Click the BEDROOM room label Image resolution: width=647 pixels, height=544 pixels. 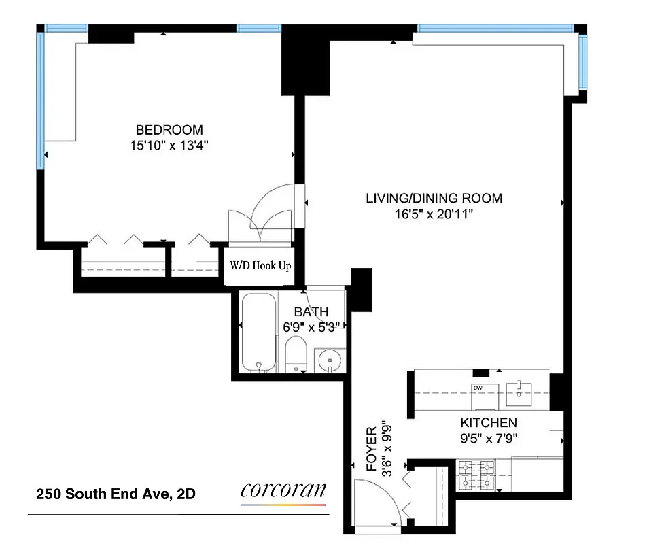tap(169, 130)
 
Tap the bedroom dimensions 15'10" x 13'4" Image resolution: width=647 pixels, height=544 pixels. tap(169, 145)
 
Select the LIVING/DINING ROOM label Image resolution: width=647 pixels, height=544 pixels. tap(434, 199)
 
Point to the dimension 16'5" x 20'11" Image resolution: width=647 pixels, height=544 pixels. tap(434, 214)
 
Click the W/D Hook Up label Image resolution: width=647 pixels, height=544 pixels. tap(260, 266)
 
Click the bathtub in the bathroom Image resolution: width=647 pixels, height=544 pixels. tap(259, 333)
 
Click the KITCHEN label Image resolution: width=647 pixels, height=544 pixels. tap(489, 422)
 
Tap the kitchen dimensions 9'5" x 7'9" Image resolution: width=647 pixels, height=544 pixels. tap(489, 438)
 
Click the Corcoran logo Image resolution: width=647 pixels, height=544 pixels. tap(283, 492)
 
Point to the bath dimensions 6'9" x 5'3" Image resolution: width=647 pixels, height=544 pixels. tap(311, 326)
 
